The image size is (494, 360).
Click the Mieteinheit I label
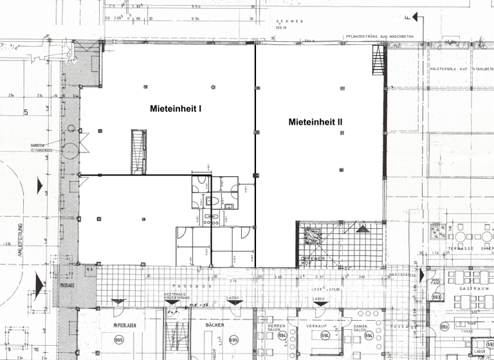[176, 109]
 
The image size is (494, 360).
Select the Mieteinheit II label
[316, 122]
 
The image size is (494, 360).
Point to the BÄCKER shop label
[215, 325]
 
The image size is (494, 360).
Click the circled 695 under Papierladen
[119, 339]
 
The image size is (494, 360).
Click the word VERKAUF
[317, 326]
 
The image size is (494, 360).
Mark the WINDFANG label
[435, 280]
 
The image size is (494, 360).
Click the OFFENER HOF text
[313, 261]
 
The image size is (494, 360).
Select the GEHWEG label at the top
[284, 21]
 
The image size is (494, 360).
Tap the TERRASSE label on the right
[461, 248]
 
